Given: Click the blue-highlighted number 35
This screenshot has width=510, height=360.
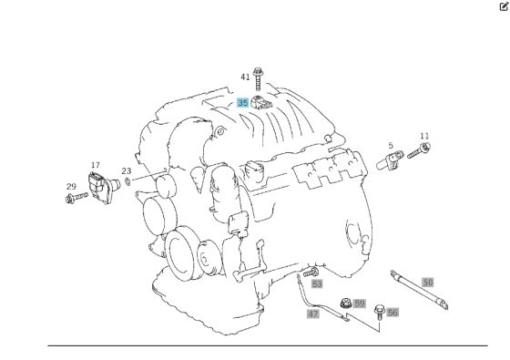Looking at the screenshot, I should (x=243, y=103).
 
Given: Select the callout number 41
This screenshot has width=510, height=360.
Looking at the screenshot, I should (x=245, y=77).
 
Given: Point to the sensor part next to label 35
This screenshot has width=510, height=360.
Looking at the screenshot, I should (x=264, y=102).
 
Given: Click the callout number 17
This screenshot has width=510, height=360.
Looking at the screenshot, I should (x=96, y=166).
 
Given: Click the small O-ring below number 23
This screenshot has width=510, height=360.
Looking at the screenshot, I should (x=128, y=181).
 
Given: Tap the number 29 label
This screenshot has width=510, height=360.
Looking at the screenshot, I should (x=71, y=187).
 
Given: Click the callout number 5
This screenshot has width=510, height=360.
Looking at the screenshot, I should (x=391, y=146).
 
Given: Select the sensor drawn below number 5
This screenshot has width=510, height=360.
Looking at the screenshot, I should (x=392, y=163).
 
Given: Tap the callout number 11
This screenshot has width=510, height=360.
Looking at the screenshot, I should (x=424, y=137).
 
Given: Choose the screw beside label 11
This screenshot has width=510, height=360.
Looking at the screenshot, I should (x=420, y=151).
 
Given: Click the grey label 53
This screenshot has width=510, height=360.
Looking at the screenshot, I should (x=317, y=284).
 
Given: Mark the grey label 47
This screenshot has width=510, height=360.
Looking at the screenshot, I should (x=313, y=314).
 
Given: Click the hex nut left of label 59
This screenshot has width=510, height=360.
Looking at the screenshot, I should (x=345, y=303).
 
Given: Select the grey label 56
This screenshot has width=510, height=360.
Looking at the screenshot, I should (x=393, y=313).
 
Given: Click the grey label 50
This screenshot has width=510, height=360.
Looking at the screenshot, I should (x=428, y=283).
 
